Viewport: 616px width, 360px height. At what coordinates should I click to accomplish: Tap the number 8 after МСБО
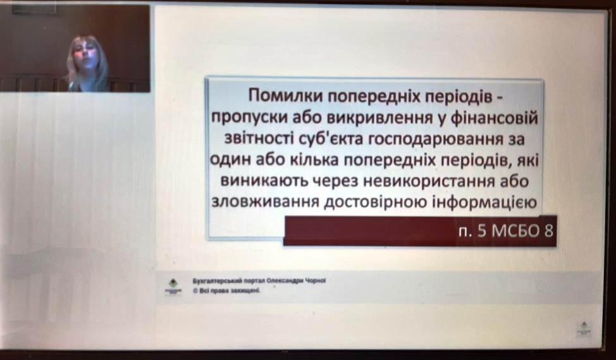pyautogui.click(x=548, y=231)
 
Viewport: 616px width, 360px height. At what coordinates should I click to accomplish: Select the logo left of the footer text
pyautogui.click(x=173, y=286)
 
